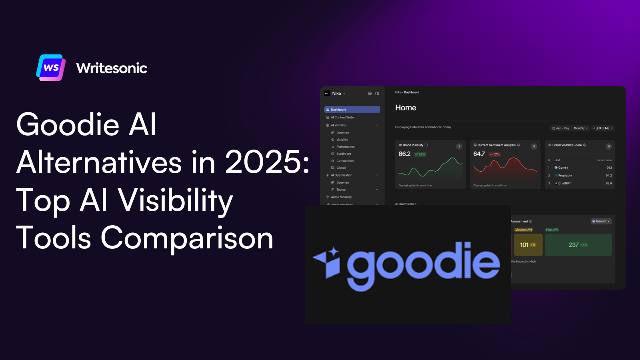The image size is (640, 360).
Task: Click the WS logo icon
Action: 51,68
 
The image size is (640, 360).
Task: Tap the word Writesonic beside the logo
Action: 112,68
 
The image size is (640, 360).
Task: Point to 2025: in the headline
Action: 267,162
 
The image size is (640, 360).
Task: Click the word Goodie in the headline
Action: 68,124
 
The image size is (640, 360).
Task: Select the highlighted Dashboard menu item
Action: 352,110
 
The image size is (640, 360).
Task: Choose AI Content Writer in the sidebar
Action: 342,118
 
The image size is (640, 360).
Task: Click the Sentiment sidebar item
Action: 343,154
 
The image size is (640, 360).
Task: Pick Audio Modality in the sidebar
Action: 341,197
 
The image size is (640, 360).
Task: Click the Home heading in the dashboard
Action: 406,108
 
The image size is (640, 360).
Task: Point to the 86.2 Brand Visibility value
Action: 404,154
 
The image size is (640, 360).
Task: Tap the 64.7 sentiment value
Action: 479,154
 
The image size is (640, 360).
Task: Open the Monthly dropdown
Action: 580,128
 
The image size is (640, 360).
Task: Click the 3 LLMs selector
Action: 603,128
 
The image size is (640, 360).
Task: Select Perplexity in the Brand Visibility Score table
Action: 565,176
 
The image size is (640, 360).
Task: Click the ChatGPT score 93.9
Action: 608,183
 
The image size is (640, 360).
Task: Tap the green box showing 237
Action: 578,245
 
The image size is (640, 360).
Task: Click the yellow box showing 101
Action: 528,245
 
